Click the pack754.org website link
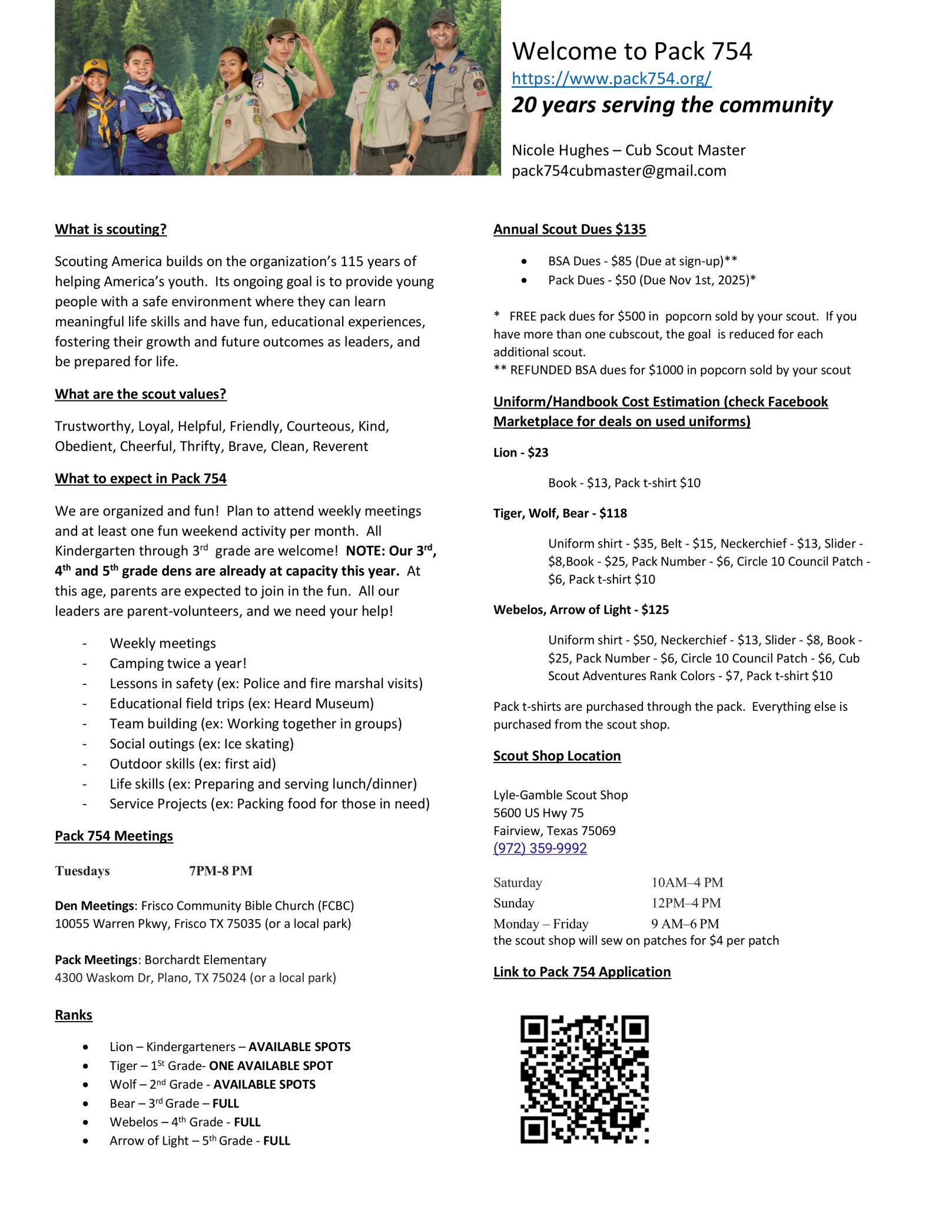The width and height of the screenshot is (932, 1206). pyautogui.click(x=611, y=78)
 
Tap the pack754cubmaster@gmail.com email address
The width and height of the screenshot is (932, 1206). pyautogui.click(x=619, y=171)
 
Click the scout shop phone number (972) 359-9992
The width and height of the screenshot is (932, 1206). pyautogui.click(x=540, y=848)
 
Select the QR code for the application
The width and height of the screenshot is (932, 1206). pyautogui.click(x=584, y=1079)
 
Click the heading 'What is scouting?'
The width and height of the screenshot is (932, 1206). pyautogui.click(x=111, y=229)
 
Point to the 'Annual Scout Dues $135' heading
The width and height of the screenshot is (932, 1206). pyautogui.click(x=569, y=229)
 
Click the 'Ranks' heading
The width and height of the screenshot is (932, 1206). pyautogui.click(x=74, y=1015)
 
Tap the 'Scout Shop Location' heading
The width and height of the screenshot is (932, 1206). pyautogui.click(x=557, y=756)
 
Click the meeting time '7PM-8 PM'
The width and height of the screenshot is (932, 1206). pyautogui.click(x=221, y=871)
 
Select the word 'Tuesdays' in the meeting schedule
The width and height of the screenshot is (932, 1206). pyautogui.click(x=82, y=871)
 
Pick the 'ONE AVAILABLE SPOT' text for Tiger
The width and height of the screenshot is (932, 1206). pyautogui.click(x=271, y=1066)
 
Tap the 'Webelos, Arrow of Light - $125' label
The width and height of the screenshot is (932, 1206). pyautogui.click(x=581, y=609)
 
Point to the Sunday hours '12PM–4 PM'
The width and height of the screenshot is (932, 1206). pyautogui.click(x=686, y=903)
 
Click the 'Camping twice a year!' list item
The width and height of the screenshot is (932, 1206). pyautogui.click(x=178, y=663)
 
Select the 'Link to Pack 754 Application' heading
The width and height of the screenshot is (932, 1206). pyautogui.click(x=582, y=972)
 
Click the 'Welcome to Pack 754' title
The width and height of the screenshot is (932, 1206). pyautogui.click(x=632, y=51)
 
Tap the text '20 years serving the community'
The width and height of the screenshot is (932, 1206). pyautogui.click(x=672, y=105)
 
